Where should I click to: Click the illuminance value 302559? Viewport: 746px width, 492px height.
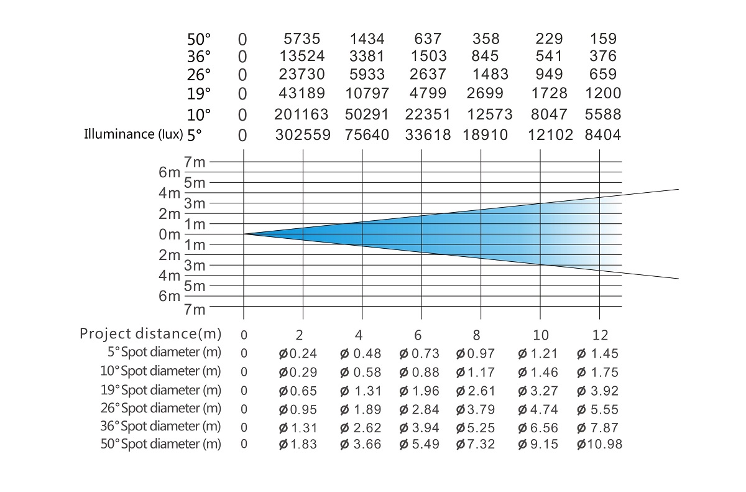coord(302,135)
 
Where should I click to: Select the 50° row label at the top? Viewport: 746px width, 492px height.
coord(199,39)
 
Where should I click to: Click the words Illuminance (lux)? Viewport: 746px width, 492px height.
coord(133,134)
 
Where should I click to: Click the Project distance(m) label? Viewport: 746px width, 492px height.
coord(150,334)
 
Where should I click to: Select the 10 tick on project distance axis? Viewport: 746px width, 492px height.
coord(540,335)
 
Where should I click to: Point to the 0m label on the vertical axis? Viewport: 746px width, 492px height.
coord(169,234)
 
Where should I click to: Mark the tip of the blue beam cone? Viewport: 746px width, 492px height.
coord(244,234)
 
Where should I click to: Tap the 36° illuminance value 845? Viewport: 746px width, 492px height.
coord(485,57)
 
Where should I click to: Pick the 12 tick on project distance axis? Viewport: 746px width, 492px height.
coord(599,335)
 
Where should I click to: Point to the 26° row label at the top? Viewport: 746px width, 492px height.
coord(199,75)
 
